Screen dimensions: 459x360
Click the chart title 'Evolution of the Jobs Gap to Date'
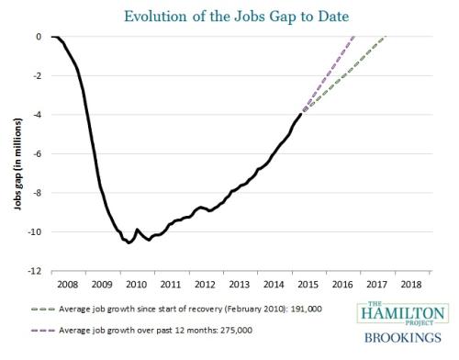pyautogui.click(x=236, y=17)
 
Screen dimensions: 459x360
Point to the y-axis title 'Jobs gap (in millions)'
pyautogui.click(x=17, y=164)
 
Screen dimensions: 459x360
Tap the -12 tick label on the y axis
pyautogui.click(x=34, y=271)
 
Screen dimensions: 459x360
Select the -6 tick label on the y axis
pyautogui.click(x=37, y=154)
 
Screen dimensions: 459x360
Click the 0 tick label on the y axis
pyautogui.click(x=39, y=37)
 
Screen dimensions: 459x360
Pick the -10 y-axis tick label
pyautogui.click(x=34, y=232)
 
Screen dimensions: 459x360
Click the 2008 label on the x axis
pyautogui.click(x=68, y=285)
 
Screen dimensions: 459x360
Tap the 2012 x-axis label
pyautogui.click(x=205, y=285)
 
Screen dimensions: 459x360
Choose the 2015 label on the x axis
pyautogui.click(x=308, y=285)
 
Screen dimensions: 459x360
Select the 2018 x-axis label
pyautogui.click(x=411, y=285)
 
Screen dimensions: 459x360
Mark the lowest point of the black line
pyautogui.click(x=129, y=243)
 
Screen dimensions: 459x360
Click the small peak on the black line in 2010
pyautogui.click(x=137, y=229)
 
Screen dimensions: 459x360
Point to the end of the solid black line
pyautogui.click(x=301, y=114)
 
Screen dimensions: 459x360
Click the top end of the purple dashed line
pyautogui.click(x=355, y=37)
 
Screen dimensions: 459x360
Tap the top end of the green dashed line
pyautogui.click(x=386, y=37)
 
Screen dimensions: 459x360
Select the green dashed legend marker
pyautogui.click(x=43, y=309)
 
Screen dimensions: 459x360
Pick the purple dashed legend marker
pyautogui.click(x=43, y=331)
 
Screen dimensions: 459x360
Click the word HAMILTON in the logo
pyautogui.click(x=403, y=313)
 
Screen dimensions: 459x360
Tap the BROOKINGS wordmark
pyautogui.click(x=403, y=338)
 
